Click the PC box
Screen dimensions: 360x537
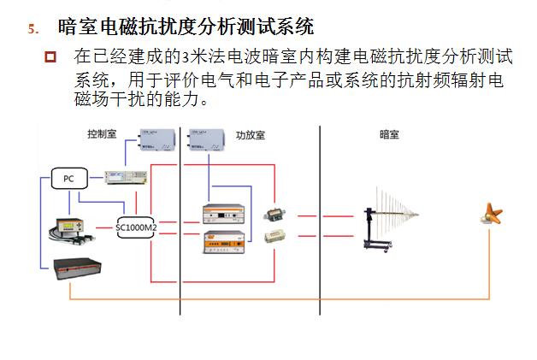tap(68, 179)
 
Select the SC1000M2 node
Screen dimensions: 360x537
tap(137, 227)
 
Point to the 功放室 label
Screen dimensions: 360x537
tap(249, 135)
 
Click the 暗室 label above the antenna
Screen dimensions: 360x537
tap(389, 134)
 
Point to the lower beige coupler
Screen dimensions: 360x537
tap(274, 234)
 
